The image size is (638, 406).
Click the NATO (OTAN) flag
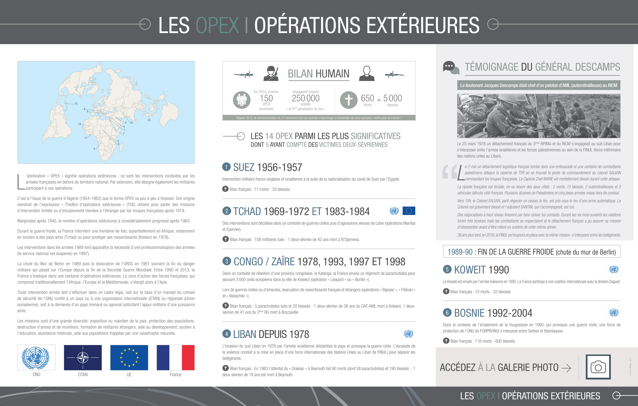[x=83, y=358]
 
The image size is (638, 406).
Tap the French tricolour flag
[x=175, y=358]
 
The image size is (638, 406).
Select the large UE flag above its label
[x=129, y=358]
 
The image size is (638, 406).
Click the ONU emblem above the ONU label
[x=36, y=358]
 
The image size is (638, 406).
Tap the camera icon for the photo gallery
[x=598, y=367]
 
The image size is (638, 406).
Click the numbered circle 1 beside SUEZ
[x=226, y=167]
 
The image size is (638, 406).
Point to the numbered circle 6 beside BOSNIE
[x=447, y=313]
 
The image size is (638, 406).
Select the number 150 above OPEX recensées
[x=266, y=98]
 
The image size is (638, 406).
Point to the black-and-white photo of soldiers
[x=538, y=116]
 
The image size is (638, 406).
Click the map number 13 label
[x=76, y=104]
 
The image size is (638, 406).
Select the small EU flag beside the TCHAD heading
[x=409, y=211]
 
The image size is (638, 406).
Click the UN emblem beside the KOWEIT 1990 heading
[x=614, y=269]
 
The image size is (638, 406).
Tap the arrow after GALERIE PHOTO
[x=567, y=368]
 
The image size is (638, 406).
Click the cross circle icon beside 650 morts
[x=349, y=100]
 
